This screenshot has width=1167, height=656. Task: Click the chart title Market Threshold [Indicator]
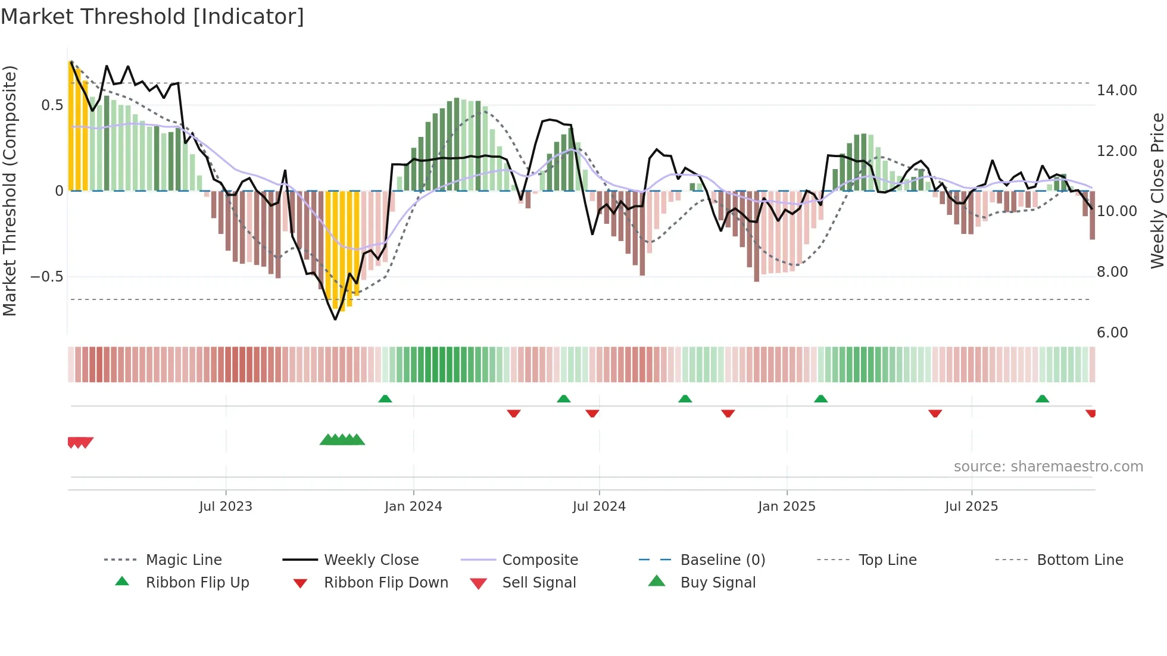point(152,17)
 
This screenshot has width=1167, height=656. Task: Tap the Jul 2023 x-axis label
point(226,507)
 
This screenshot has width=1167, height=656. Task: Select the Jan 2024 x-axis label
point(413,507)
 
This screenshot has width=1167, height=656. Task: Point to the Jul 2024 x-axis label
point(599,507)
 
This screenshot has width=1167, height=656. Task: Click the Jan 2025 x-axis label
point(787,507)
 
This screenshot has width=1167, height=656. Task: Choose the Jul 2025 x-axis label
point(971,507)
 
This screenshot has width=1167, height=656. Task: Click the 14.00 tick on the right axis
point(1116,90)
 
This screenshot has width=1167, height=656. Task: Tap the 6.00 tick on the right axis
point(1112,333)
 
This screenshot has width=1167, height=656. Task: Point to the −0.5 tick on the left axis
point(46,277)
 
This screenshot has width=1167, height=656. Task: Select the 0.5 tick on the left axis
point(52,105)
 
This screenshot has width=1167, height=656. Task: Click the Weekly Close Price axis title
point(1157,190)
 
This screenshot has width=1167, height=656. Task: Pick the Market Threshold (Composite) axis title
point(10,190)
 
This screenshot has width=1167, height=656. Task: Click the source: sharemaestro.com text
point(1048,467)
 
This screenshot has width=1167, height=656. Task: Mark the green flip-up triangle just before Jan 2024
point(385,399)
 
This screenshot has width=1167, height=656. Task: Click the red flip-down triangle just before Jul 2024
point(592,413)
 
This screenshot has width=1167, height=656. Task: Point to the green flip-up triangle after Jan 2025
point(821,399)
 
